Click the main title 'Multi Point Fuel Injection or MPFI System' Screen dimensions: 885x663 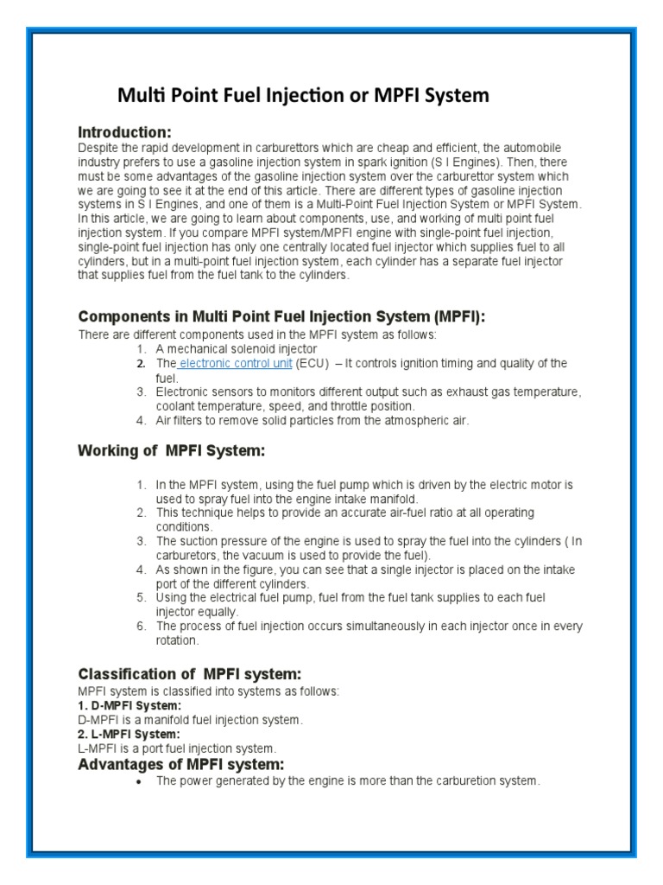303,95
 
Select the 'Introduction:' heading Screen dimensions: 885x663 125,132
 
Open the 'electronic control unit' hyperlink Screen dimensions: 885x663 236,364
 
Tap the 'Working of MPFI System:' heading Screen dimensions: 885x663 171,451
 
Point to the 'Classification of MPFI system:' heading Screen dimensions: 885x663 190,674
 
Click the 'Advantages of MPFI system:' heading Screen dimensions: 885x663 181,764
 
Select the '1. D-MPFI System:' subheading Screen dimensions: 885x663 129,705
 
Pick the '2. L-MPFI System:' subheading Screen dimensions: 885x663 129,734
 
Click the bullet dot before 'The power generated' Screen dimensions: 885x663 139,781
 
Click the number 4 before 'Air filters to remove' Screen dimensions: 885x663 140,421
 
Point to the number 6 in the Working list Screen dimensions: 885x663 140,627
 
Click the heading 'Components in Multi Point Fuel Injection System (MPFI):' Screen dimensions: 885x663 281,317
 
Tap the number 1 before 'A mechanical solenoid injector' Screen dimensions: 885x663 140,348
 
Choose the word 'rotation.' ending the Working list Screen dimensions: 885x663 178,641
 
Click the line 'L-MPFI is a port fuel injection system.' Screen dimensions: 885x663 177,748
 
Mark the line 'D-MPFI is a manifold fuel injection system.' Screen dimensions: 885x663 190,720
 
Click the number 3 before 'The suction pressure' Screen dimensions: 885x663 140,541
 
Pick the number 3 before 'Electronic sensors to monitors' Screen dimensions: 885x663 140,392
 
